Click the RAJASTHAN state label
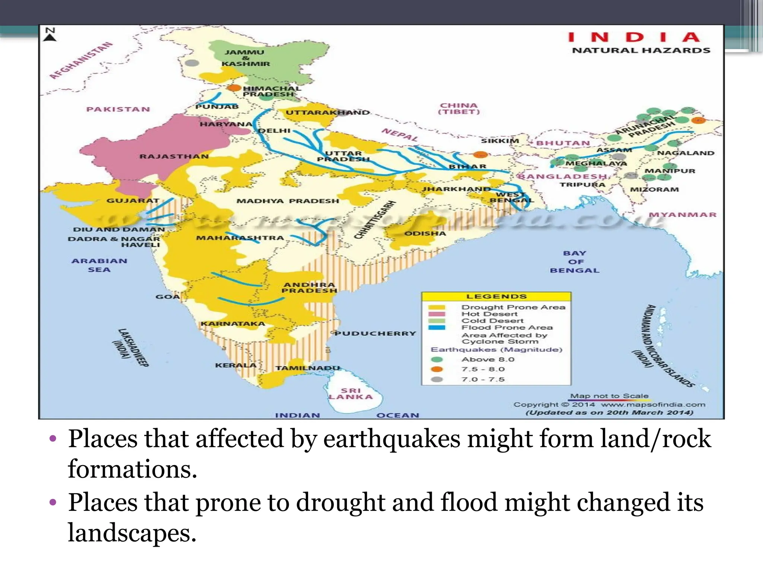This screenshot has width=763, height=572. pos(174,156)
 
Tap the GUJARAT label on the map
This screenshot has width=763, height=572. pos(133,201)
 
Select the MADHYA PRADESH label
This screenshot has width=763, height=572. pos(288,201)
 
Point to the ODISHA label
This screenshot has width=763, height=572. pos(425,233)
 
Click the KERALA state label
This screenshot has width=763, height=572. pos(235,365)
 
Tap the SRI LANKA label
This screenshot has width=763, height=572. pos(351,394)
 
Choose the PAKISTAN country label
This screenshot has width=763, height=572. pos(118,109)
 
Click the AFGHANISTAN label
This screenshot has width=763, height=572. pos(81,61)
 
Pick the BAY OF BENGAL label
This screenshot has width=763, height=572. pos(574,262)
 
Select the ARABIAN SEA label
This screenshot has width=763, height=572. pos(99,265)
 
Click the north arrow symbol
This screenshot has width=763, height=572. pos(50,34)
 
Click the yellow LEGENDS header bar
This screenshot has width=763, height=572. pos(496,296)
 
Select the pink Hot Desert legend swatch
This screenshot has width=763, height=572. pos(437,314)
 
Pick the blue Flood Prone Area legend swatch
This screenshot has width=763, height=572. pos(437,328)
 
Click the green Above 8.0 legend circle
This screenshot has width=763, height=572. pos(437,359)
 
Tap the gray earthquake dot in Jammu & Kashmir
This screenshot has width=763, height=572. pos(192,63)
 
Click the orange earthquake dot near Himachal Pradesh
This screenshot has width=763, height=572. pos(234,88)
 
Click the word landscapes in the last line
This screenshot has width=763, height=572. pos(132,533)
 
